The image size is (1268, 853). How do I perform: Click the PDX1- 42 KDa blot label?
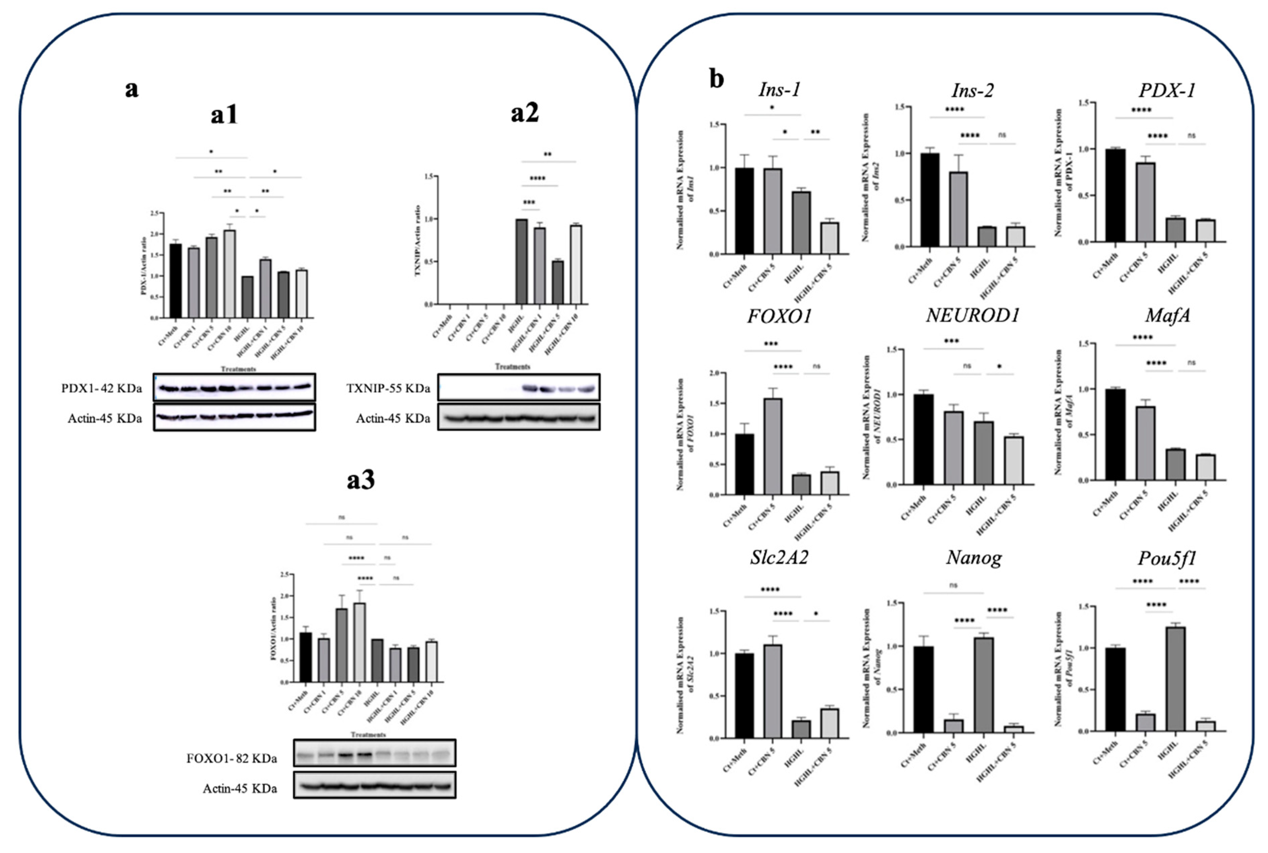pyautogui.click(x=102, y=388)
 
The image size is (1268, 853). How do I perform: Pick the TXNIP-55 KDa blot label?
pyautogui.click(x=388, y=388)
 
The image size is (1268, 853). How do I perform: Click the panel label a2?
pyautogui.click(x=524, y=113)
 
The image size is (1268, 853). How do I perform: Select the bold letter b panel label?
pyautogui.click(x=717, y=79)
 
